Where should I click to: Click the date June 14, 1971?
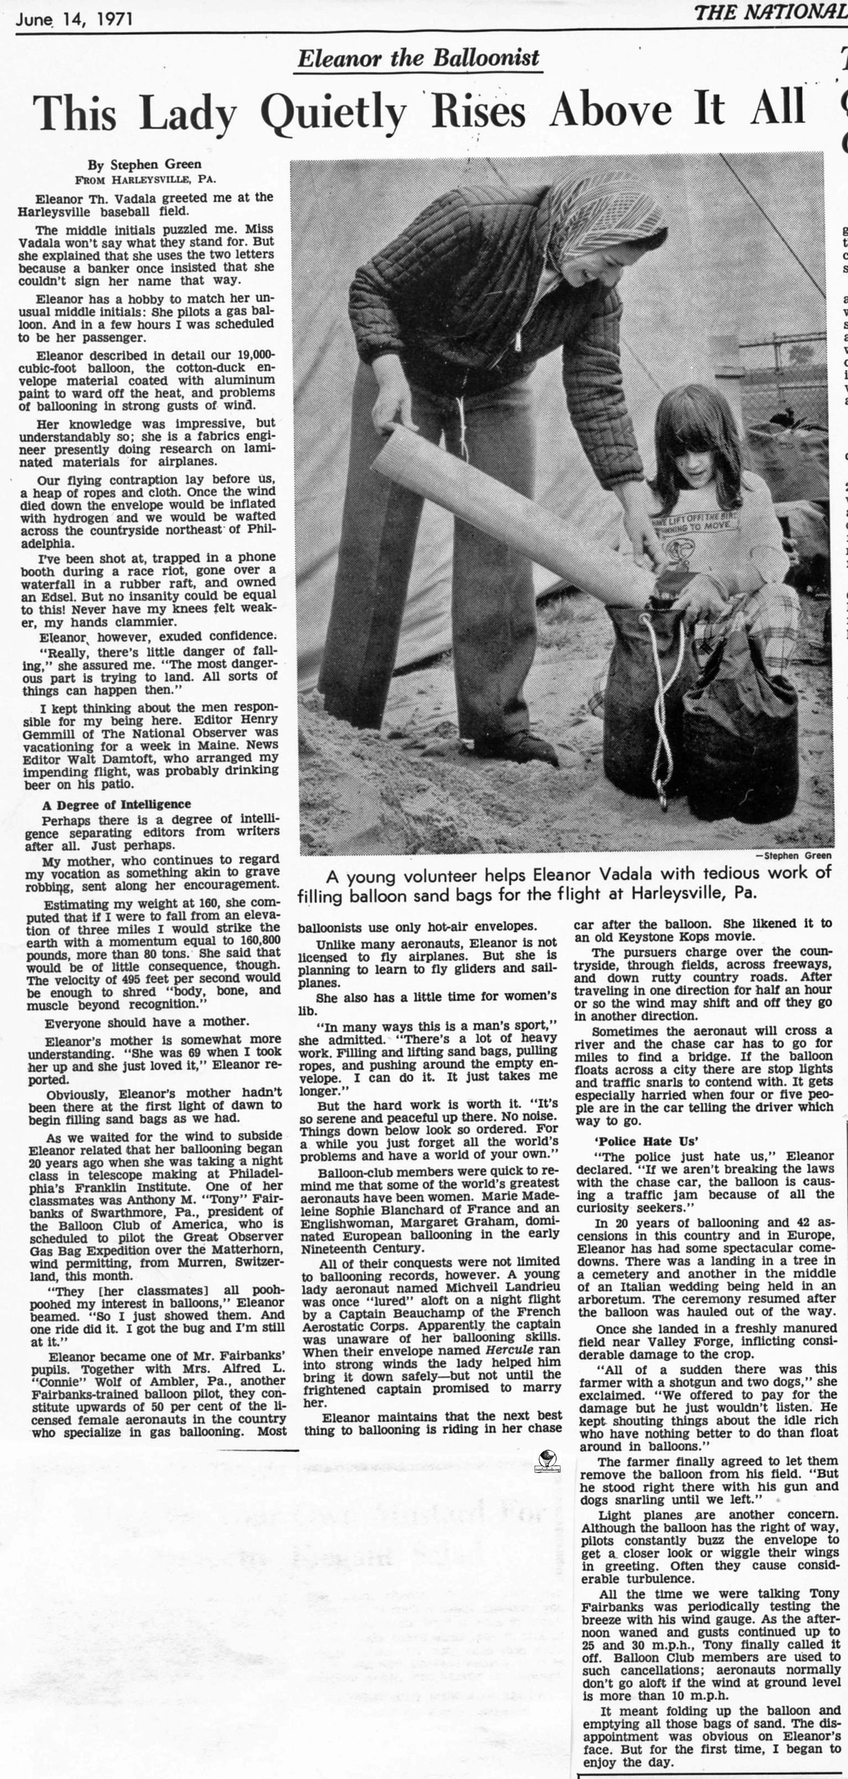coord(74,19)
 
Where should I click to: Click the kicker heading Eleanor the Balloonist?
coord(418,58)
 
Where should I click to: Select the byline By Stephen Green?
coord(144,164)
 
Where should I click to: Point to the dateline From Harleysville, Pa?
coord(145,180)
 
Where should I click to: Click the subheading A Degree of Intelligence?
coord(116,804)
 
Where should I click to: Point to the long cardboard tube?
coord(511,511)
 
